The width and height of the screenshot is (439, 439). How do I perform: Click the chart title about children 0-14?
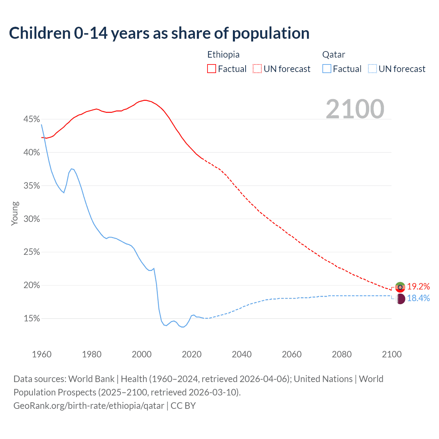click(x=159, y=33)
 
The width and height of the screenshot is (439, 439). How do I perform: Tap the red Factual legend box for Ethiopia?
click(x=212, y=69)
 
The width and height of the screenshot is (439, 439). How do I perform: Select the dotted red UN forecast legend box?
click(x=257, y=69)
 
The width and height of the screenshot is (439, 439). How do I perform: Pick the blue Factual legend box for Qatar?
click(x=327, y=69)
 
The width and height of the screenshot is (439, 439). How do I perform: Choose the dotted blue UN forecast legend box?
click(x=372, y=69)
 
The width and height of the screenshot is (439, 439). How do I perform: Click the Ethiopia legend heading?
click(x=223, y=55)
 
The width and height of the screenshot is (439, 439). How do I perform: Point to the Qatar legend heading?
click(x=333, y=55)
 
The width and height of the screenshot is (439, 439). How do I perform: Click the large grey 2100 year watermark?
click(x=355, y=109)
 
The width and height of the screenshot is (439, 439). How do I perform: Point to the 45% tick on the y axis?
click(x=32, y=119)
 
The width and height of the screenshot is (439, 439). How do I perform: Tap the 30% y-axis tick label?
click(x=32, y=219)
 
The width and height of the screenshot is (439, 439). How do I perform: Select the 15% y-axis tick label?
click(x=32, y=319)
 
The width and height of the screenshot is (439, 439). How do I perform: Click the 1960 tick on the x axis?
click(x=42, y=354)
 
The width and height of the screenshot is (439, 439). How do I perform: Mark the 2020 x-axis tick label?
click(x=192, y=354)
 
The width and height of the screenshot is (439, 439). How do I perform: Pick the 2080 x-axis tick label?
click(x=342, y=354)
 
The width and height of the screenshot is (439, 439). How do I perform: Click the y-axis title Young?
click(x=14, y=213)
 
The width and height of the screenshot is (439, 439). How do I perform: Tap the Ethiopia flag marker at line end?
click(x=400, y=287)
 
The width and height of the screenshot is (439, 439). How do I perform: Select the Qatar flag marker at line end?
click(x=400, y=299)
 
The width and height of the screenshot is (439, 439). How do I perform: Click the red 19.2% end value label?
click(x=418, y=286)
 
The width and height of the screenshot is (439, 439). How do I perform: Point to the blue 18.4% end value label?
click(x=418, y=298)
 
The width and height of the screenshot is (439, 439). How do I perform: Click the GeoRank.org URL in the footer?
click(x=89, y=406)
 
